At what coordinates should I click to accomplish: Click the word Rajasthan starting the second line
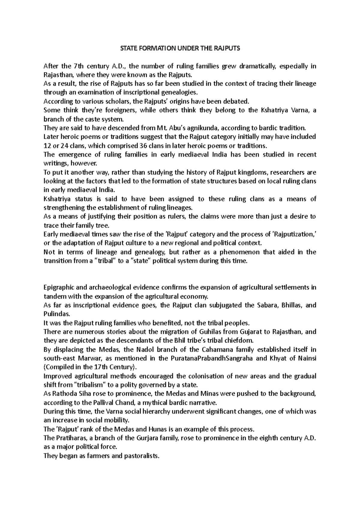pyautogui.click(x=57, y=75)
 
